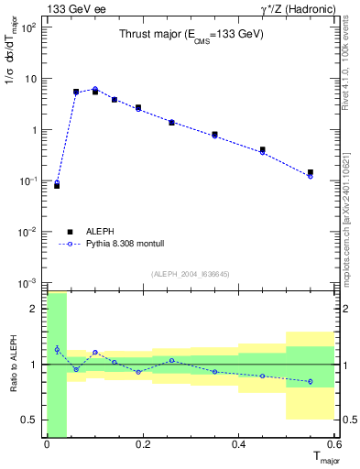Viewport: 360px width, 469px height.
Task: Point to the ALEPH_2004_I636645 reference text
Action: (191, 272)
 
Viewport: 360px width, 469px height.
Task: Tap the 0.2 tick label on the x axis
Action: (142, 445)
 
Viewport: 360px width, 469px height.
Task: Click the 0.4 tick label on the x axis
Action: (238, 445)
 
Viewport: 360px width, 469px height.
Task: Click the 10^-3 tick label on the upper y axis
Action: (27, 283)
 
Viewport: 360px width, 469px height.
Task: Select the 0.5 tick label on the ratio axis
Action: (28, 420)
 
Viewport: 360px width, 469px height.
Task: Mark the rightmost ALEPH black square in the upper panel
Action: (311, 172)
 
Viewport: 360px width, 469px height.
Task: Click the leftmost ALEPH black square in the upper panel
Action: (57, 186)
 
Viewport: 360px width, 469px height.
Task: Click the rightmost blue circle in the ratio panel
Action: (311, 381)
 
